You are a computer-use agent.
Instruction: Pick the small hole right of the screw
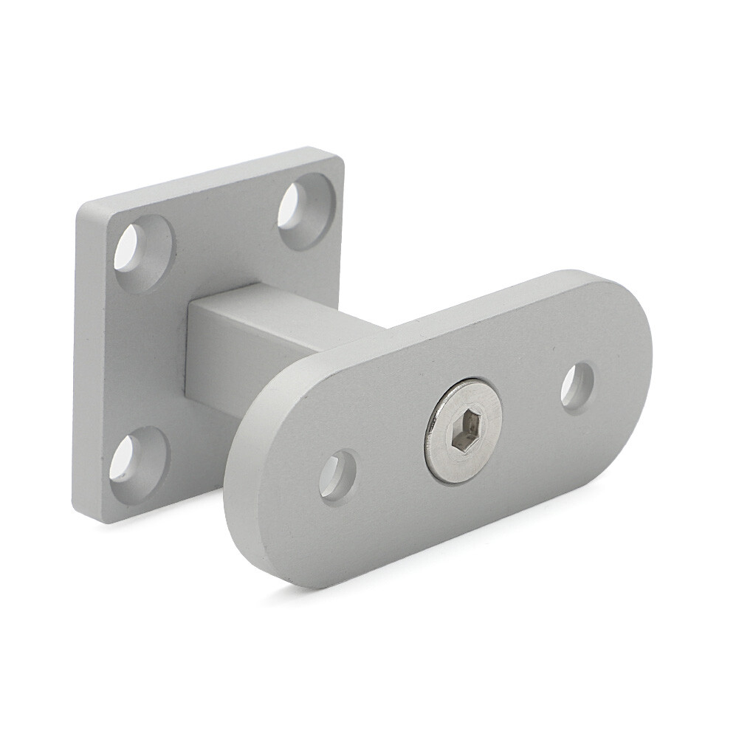click(577, 388)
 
